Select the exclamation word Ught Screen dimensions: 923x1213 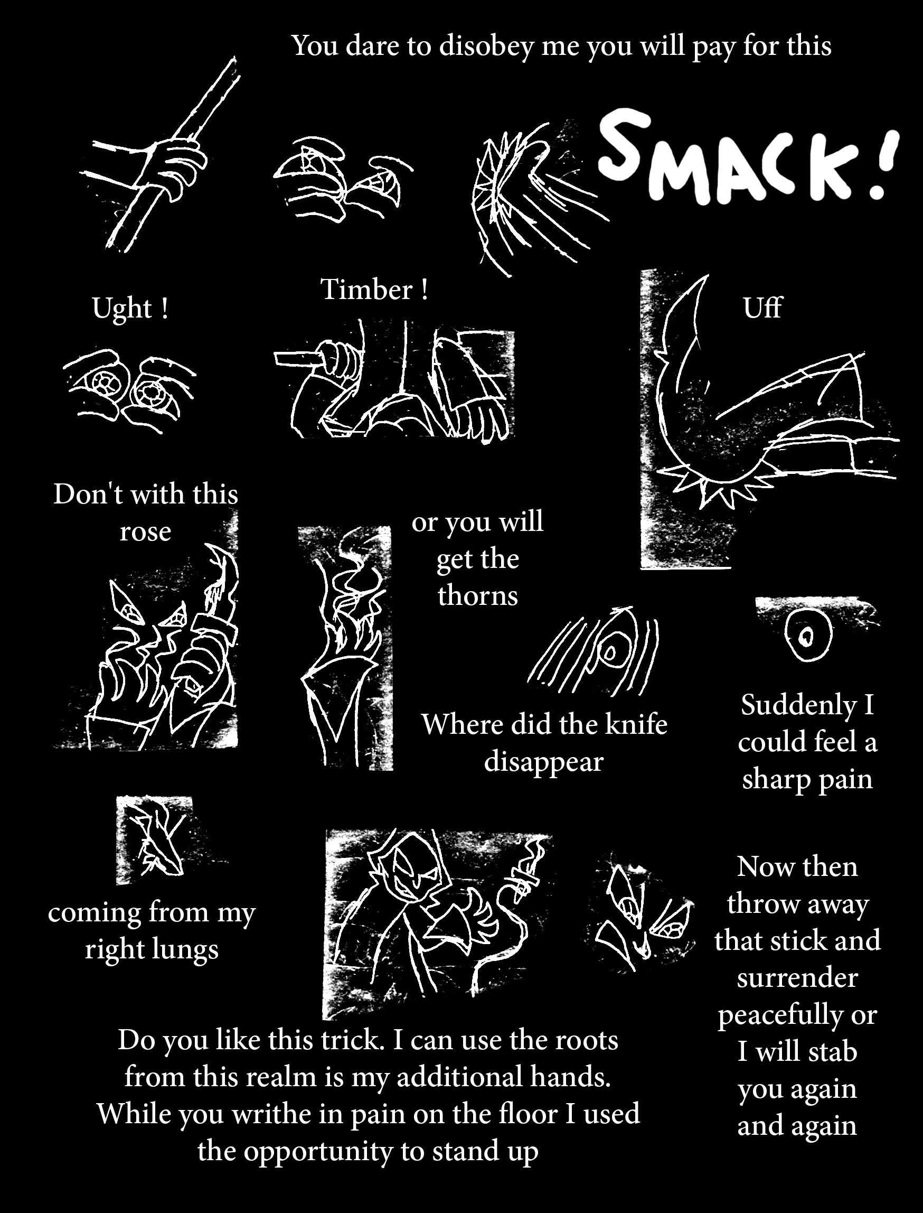tap(123, 309)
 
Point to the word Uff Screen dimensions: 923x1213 tap(762, 307)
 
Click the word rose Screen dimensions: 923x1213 tap(146, 532)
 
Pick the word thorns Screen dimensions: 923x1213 tap(478, 596)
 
